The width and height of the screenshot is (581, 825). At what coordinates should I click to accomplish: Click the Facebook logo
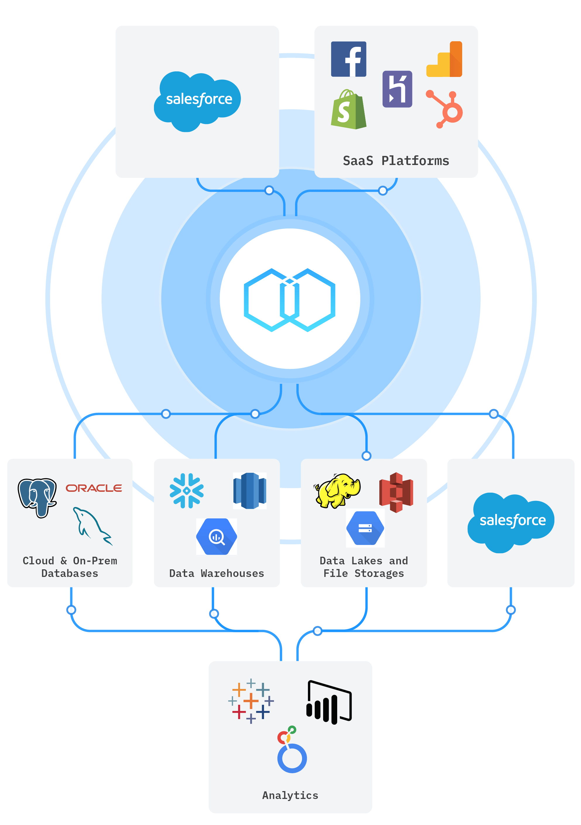click(x=348, y=59)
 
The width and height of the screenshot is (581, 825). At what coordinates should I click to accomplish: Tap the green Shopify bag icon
click(x=348, y=110)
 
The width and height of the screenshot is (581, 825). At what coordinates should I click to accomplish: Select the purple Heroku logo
click(x=397, y=89)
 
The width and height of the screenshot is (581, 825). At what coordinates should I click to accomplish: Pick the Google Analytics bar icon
click(x=444, y=59)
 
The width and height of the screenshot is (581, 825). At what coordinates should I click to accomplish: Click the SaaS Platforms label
click(x=396, y=161)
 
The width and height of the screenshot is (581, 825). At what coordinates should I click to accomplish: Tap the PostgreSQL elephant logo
click(x=37, y=497)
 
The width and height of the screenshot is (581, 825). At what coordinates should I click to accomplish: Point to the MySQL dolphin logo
click(x=92, y=526)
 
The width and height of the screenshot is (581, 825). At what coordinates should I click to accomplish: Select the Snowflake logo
click(x=187, y=491)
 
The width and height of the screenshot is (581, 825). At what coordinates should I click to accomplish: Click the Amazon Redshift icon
click(x=249, y=491)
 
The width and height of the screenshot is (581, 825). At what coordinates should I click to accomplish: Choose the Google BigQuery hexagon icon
click(x=216, y=537)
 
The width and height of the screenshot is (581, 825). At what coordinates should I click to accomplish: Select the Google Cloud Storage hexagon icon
click(x=365, y=528)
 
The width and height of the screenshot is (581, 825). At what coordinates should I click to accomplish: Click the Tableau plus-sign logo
click(x=251, y=701)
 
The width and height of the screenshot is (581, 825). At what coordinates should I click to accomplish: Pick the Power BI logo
click(x=329, y=702)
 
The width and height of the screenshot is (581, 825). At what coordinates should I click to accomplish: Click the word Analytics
click(x=290, y=795)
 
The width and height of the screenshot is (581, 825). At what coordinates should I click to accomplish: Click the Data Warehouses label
click(x=216, y=573)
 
